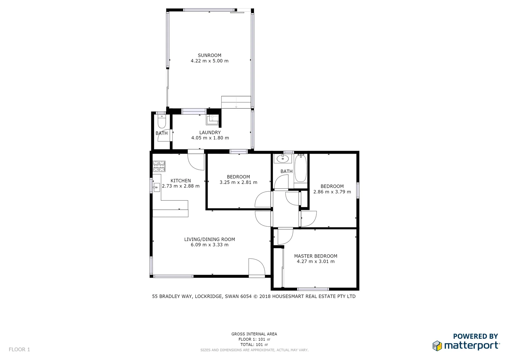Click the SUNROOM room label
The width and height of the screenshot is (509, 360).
[209, 55]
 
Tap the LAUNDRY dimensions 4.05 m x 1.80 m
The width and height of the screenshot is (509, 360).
[210, 138]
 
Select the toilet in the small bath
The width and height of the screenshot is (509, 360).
[161, 122]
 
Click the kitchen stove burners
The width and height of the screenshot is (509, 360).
[159, 166]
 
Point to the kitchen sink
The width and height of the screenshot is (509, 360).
[156, 187]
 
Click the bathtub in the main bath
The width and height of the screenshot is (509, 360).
[300, 168]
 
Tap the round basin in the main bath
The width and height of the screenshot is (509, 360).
[283, 159]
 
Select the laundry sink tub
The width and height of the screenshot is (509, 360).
[212, 119]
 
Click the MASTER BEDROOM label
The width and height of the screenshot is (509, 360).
[316, 256]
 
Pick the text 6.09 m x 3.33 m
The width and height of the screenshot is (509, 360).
[209, 245]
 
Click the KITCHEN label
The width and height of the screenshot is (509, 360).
[181, 181]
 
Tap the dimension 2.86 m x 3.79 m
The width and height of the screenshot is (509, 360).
[332, 192]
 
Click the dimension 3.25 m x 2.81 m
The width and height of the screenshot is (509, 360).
[238, 182]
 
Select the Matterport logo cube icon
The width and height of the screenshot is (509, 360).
[437, 346]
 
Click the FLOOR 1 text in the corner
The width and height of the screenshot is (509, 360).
[19, 349]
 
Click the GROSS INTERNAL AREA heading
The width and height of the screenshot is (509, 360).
[254, 334]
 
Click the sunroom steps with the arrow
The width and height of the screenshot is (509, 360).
[236, 102]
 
